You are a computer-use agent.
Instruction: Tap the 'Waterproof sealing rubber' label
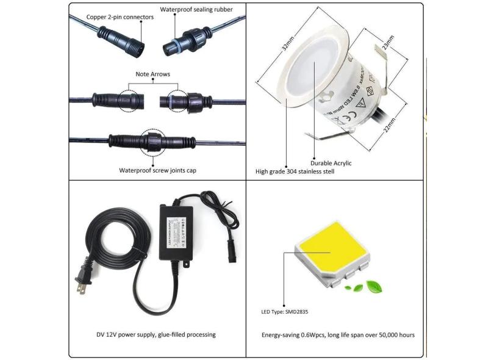pos(196,10)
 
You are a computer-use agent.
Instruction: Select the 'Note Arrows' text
pos(152,74)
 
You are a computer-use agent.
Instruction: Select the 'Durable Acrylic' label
pos(331,163)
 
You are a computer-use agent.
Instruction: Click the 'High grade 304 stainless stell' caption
pos(295,172)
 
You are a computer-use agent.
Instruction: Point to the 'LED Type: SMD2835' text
pos(286,311)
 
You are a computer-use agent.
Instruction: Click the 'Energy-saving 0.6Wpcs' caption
pos(338,335)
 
